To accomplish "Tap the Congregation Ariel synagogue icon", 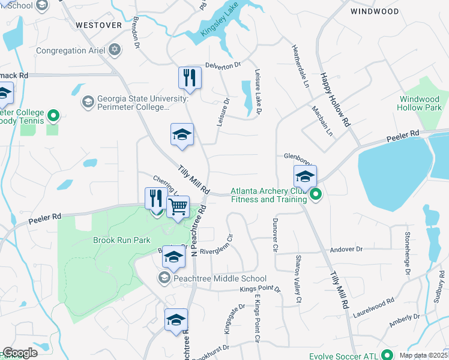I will point(114,50).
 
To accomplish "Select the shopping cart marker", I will point(178,208).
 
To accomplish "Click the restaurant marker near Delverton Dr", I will point(190,78).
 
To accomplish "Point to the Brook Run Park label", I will point(121,240).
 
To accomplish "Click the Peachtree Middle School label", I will point(219,278).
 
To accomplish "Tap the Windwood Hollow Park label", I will point(420,103).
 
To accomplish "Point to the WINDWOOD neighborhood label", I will point(374,11).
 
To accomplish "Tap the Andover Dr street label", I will point(347,249).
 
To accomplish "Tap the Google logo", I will point(20,353).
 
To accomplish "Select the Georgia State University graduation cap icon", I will point(88,101).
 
